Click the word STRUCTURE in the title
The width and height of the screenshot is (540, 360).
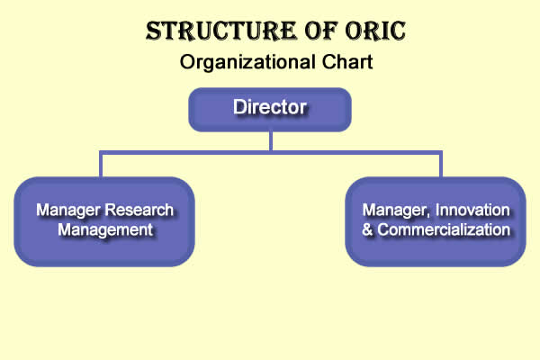point(220,31)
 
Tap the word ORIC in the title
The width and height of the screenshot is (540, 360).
point(375,31)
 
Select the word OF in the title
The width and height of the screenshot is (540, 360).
point(320,31)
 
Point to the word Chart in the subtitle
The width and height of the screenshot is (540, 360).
point(347,62)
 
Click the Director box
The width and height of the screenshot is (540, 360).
point(270,110)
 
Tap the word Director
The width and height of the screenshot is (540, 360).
point(270,107)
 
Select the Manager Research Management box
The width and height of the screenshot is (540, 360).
point(104,221)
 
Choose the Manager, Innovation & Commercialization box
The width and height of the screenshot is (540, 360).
point(436,221)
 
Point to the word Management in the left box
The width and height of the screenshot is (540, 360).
point(105,230)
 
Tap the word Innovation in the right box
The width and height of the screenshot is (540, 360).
point(472,210)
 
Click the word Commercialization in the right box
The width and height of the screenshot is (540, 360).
point(444,229)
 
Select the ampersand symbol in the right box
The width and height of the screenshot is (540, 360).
point(367,230)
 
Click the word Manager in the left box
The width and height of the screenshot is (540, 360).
point(68,211)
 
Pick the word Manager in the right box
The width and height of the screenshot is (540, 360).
point(396,211)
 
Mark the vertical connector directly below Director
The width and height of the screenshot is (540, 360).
point(271,141)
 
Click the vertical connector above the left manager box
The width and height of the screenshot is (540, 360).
point(101,164)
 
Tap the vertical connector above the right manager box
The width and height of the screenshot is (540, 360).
point(440,164)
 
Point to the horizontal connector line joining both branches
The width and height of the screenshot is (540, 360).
point(271,153)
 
